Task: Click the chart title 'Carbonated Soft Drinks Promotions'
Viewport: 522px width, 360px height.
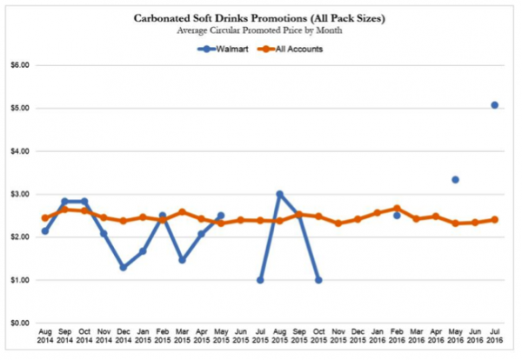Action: tap(260, 17)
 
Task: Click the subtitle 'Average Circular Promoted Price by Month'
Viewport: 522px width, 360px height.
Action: tap(260, 30)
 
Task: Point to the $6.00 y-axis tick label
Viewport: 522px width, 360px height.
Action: tap(19, 65)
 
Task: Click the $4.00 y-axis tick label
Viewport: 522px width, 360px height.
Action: tap(19, 151)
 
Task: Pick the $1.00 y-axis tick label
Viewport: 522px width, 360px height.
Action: tap(19, 280)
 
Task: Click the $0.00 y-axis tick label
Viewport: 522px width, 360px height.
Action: tap(19, 323)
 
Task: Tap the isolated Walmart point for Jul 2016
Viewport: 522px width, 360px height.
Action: tap(494, 105)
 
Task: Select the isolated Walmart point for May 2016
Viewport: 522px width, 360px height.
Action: tap(455, 180)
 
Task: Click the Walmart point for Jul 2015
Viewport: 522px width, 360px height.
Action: tap(260, 280)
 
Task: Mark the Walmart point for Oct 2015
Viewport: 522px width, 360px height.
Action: tap(318, 280)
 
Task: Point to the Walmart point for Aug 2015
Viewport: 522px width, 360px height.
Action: tap(279, 195)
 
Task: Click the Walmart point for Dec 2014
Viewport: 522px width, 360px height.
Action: tap(124, 267)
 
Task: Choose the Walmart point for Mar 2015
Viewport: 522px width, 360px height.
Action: tap(182, 260)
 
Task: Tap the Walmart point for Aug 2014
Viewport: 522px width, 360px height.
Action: tap(45, 230)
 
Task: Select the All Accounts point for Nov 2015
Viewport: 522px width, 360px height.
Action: tap(338, 223)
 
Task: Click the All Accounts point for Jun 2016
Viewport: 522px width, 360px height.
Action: tap(474, 223)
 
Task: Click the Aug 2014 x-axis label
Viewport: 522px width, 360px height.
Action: tap(45, 337)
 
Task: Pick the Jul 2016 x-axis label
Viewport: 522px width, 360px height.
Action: tap(494, 337)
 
